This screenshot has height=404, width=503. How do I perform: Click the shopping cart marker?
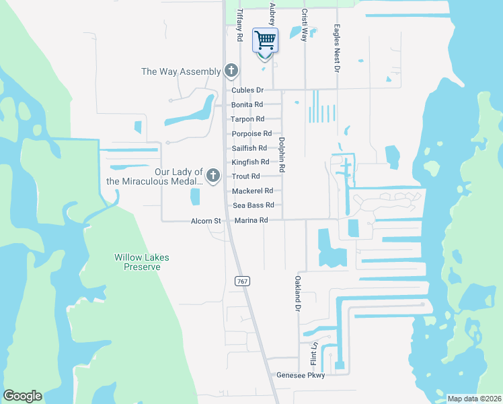265,40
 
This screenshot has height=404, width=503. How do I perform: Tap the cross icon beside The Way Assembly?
231,71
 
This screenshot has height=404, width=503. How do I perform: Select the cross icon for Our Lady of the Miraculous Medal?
213,176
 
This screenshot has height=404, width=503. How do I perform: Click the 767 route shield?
243,280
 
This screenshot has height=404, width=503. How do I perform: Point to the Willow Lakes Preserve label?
141,262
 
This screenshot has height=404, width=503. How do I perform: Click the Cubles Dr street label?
247,90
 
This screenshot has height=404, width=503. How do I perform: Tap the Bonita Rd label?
247,105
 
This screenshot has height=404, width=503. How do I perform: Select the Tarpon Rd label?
247,119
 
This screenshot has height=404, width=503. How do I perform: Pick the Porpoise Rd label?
251,134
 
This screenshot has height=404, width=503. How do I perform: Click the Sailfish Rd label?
249,148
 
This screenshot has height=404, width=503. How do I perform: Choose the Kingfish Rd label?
250,162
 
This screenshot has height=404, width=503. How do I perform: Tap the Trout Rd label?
245,176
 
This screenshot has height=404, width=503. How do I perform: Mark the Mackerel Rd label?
252,191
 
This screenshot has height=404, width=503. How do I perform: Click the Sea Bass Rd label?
253,205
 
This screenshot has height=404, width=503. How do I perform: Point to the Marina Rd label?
251,220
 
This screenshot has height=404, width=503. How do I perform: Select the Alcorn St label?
206,221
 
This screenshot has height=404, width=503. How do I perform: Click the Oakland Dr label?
297,294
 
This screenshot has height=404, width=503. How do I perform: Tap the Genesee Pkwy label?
301,375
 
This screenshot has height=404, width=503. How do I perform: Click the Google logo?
22,396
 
